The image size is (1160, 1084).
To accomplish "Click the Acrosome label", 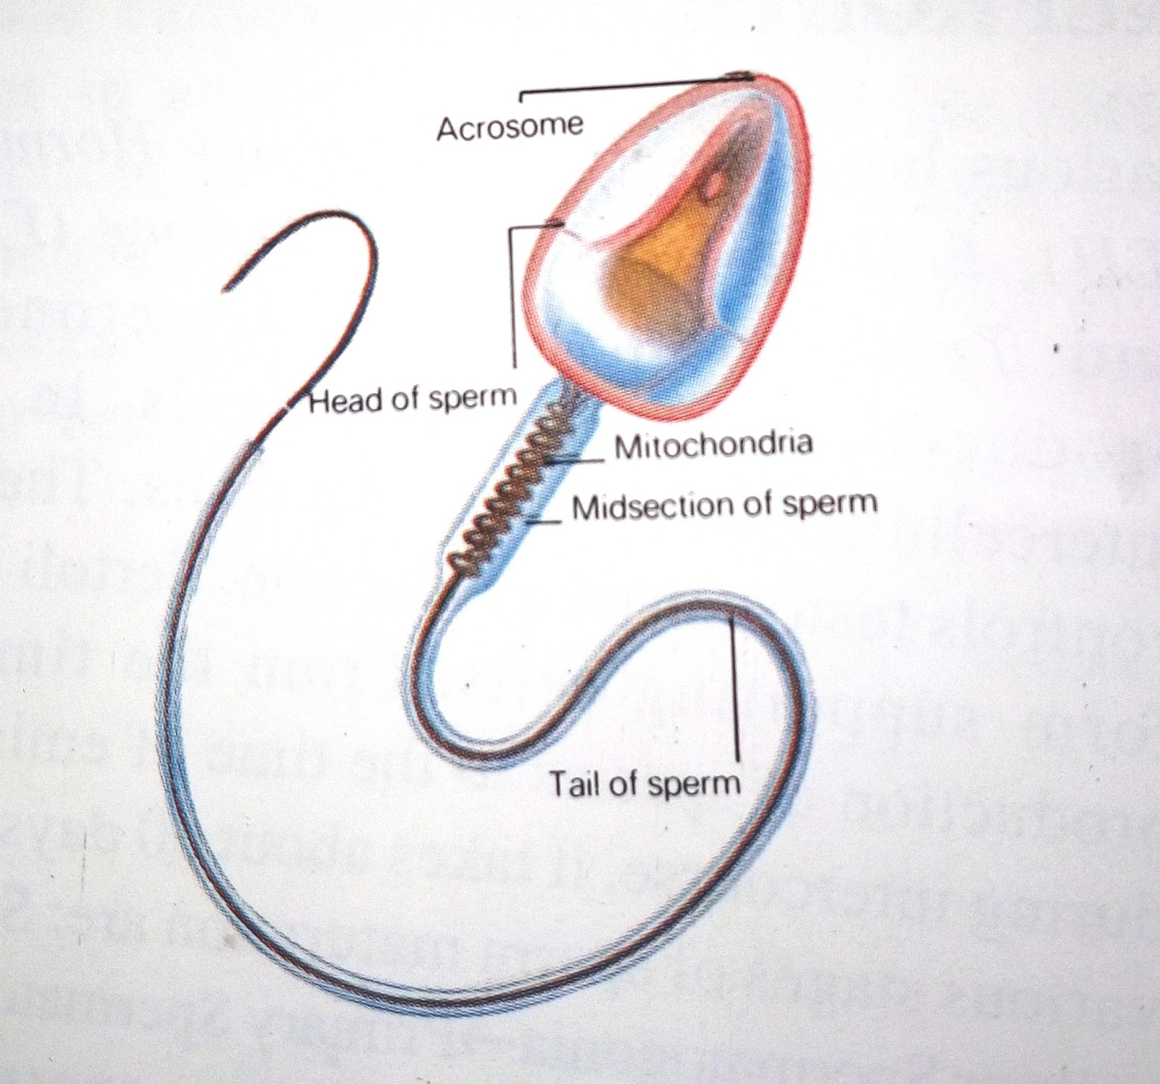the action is (x=510, y=128).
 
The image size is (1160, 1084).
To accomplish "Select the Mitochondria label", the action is (x=713, y=444).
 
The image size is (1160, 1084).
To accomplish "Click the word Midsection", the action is (x=657, y=506).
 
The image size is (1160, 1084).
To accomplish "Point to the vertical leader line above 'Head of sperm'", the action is (x=513, y=297).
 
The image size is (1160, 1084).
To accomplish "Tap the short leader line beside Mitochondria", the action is (x=580, y=458).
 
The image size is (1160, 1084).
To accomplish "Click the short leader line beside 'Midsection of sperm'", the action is (x=546, y=520).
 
